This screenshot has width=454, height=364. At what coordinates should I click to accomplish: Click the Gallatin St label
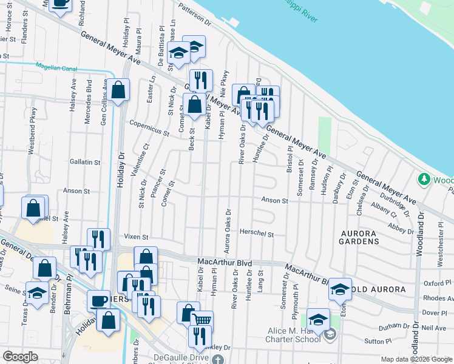[85, 162]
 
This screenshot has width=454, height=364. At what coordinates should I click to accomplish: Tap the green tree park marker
[424, 180]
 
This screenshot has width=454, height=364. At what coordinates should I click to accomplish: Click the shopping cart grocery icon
[202, 320]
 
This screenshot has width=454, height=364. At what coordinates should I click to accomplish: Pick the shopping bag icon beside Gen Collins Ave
[120, 92]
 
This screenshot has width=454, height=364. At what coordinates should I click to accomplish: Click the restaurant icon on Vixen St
[98, 239]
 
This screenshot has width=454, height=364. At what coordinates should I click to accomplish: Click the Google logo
[20, 357]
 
